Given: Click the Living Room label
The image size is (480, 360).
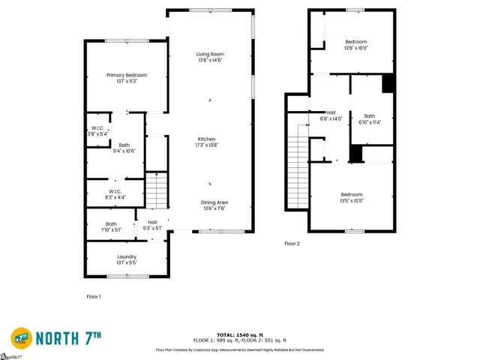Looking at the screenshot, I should click(x=210, y=55).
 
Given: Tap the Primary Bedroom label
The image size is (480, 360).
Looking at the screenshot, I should click(x=126, y=75).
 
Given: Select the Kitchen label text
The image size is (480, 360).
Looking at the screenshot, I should click(x=206, y=139).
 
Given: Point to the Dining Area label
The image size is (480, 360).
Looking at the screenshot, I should click(x=214, y=203).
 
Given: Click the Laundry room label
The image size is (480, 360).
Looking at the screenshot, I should click(x=126, y=257).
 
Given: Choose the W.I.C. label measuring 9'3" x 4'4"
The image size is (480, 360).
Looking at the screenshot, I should click(x=115, y=191).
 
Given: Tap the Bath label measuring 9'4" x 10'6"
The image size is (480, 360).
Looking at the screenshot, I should click(x=124, y=145).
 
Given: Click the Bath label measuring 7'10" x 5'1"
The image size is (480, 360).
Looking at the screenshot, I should click(x=111, y=223).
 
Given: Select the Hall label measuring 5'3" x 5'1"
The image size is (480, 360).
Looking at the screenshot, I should click(x=152, y=222).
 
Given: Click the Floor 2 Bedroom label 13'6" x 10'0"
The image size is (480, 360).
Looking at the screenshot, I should click(x=355, y=41).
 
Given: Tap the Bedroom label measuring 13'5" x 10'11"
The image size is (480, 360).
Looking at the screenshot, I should click(x=351, y=195).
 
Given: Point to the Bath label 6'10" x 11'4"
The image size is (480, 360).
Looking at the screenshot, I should click(x=370, y=116).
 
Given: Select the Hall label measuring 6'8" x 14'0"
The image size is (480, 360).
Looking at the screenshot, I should click(x=331, y=112).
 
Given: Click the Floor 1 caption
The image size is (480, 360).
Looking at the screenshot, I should click(x=94, y=297).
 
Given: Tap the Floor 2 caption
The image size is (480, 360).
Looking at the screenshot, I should click(x=292, y=244).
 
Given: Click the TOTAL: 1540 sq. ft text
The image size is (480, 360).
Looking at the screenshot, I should click(x=239, y=334).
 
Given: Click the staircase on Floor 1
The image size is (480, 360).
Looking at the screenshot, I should click(x=156, y=190).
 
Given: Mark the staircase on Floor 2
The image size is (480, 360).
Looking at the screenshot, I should click(x=298, y=168).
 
